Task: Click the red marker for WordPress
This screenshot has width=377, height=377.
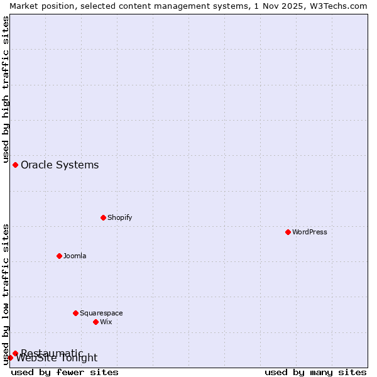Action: tap(288, 232)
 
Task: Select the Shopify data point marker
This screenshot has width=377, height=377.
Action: tap(103, 217)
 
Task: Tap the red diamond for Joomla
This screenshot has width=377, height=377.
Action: tap(59, 256)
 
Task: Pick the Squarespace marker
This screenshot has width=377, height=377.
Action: tap(75, 313)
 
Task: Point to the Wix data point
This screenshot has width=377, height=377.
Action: tap(96, 322)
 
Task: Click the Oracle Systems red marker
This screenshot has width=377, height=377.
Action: tap(15, 165)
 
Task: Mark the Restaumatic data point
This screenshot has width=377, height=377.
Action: tap(15, 353)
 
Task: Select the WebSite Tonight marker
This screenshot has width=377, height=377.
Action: tap(10, 358)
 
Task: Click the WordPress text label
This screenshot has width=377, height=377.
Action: tap(310, 232)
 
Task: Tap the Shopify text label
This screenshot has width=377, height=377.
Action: tap(119, 217)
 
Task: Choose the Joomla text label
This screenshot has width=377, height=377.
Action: tap(75, 256)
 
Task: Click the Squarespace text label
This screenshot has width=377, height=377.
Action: tap(101, 313)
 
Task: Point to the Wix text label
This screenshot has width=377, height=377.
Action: tap(106, 322)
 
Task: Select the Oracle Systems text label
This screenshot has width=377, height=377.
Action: tap(60, 165)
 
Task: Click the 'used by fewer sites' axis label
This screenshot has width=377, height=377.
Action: tap(65, 372)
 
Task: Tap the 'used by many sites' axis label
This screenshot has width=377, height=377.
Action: tap(315, 372)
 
